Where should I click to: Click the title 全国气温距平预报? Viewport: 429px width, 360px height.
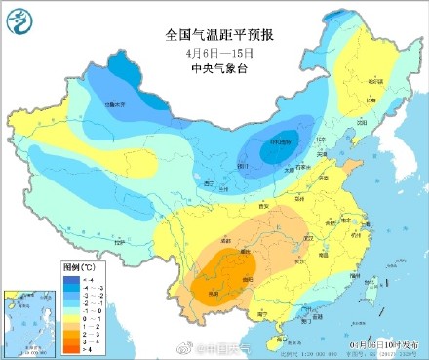(x=219, y=34)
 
